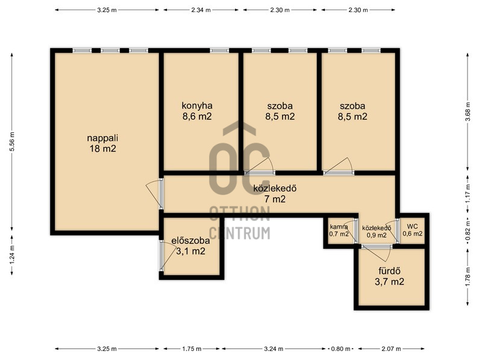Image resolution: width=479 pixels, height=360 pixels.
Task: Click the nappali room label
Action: (102, 143)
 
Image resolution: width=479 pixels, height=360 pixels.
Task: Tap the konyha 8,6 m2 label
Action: (197, 111)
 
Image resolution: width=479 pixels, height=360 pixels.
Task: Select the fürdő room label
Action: (389, 276)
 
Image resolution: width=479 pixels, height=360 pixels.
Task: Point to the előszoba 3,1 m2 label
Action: (190, 246)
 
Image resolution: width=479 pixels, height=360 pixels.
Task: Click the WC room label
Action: (412, 230)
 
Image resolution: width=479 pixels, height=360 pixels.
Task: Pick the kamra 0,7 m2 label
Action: (339, 231)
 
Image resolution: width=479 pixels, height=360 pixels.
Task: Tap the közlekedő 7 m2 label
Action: (275, 194)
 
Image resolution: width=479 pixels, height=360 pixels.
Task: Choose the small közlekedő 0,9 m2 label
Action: (377, 231)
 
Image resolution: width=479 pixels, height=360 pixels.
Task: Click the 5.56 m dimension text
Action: (12, 141)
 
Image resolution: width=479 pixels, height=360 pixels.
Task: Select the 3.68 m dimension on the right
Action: (468, 112)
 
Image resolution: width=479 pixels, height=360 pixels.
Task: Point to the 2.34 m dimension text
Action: (201, 10)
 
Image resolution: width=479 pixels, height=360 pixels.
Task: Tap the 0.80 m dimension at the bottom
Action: (341, 349)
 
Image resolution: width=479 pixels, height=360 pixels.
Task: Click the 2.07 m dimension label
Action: (391, 349)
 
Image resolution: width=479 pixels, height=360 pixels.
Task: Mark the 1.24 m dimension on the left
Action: (12, 255)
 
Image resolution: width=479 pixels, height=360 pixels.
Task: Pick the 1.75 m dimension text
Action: (192, 349)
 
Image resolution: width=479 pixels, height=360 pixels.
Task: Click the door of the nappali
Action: (161, 194)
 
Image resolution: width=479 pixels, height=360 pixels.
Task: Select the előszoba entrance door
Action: (161, 255)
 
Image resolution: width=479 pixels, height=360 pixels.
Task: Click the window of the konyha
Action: (219, 51)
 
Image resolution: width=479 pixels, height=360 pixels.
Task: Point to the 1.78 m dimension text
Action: (468, 277)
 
